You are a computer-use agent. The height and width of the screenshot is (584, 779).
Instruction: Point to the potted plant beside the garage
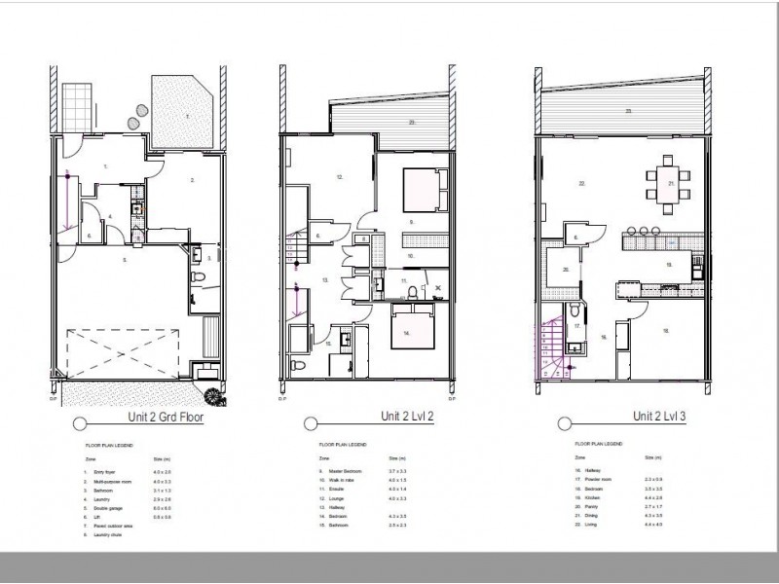(x=211, y=393)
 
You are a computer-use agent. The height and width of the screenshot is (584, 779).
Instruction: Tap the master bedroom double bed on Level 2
(x=421, y=190)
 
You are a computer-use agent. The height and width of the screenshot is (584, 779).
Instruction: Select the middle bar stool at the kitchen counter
(x=644, y=231)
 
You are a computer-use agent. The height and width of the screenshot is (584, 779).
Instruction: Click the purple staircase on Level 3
(x=551, y=350)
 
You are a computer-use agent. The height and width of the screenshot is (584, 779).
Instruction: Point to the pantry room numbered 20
(x=564, y=273)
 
